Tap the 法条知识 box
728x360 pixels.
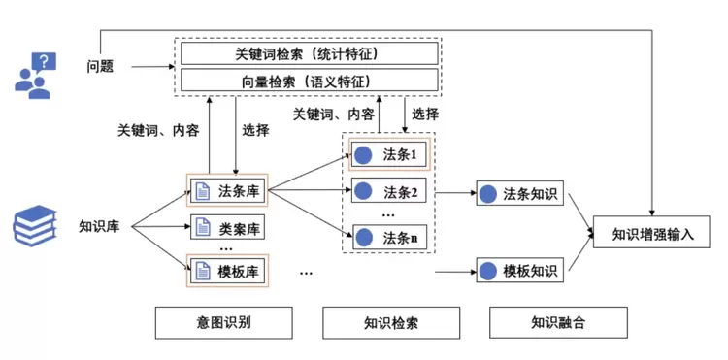518,194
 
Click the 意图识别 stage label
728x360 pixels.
223,322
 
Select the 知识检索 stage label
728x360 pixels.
391,322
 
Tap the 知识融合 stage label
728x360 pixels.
558,322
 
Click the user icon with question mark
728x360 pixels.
35,74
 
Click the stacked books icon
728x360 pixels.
35,228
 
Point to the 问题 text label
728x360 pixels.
99,67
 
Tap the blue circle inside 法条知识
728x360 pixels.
489,194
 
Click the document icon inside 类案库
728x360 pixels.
203,229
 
